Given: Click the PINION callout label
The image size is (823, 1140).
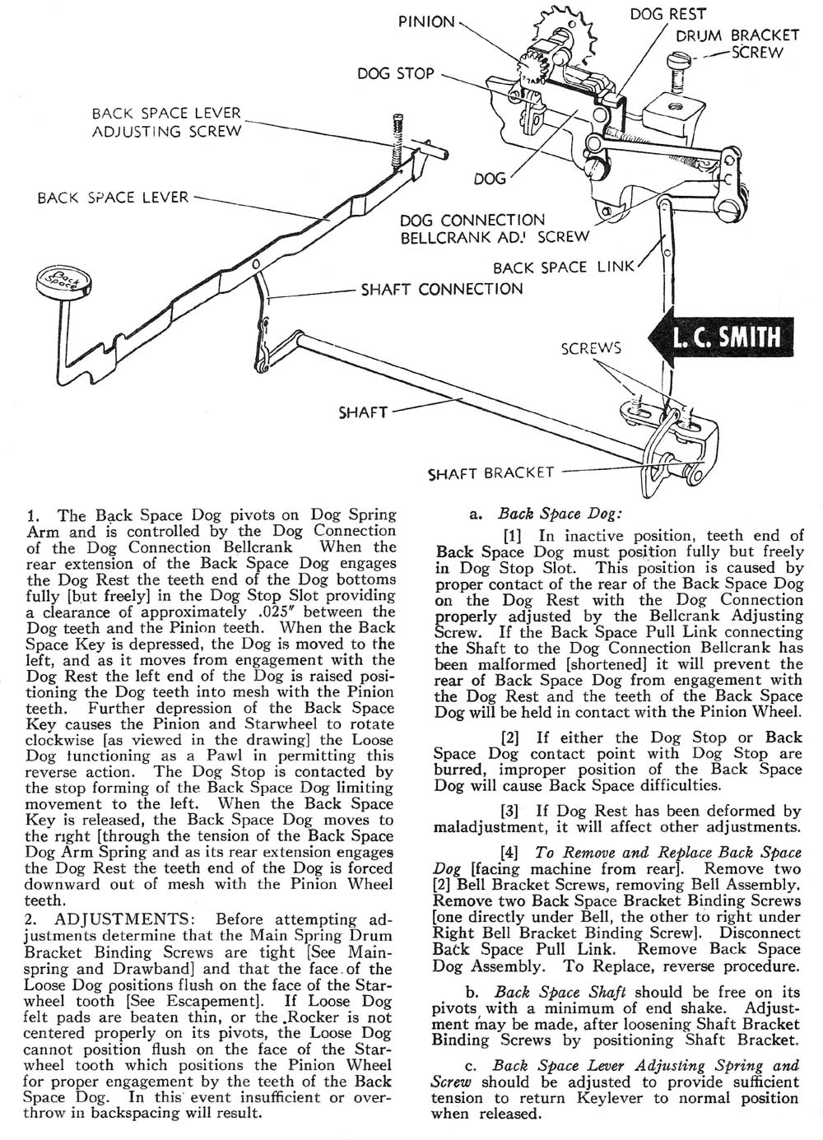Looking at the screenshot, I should click(427, 22).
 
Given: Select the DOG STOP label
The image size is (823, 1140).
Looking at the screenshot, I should click(395, 74).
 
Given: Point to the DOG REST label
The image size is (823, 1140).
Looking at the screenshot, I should click(667, 14).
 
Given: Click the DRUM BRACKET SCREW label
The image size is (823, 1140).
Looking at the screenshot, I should click(737, 43).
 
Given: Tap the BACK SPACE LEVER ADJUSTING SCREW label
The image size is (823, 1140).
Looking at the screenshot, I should click(167, 122).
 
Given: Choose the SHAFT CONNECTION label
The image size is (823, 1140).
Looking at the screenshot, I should click(442, 289).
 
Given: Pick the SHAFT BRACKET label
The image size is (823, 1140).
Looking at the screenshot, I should click(491, 473).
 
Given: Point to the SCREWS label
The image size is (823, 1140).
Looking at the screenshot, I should click(590, 348).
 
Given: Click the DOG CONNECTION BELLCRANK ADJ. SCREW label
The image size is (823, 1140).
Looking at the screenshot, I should click(494, 228).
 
